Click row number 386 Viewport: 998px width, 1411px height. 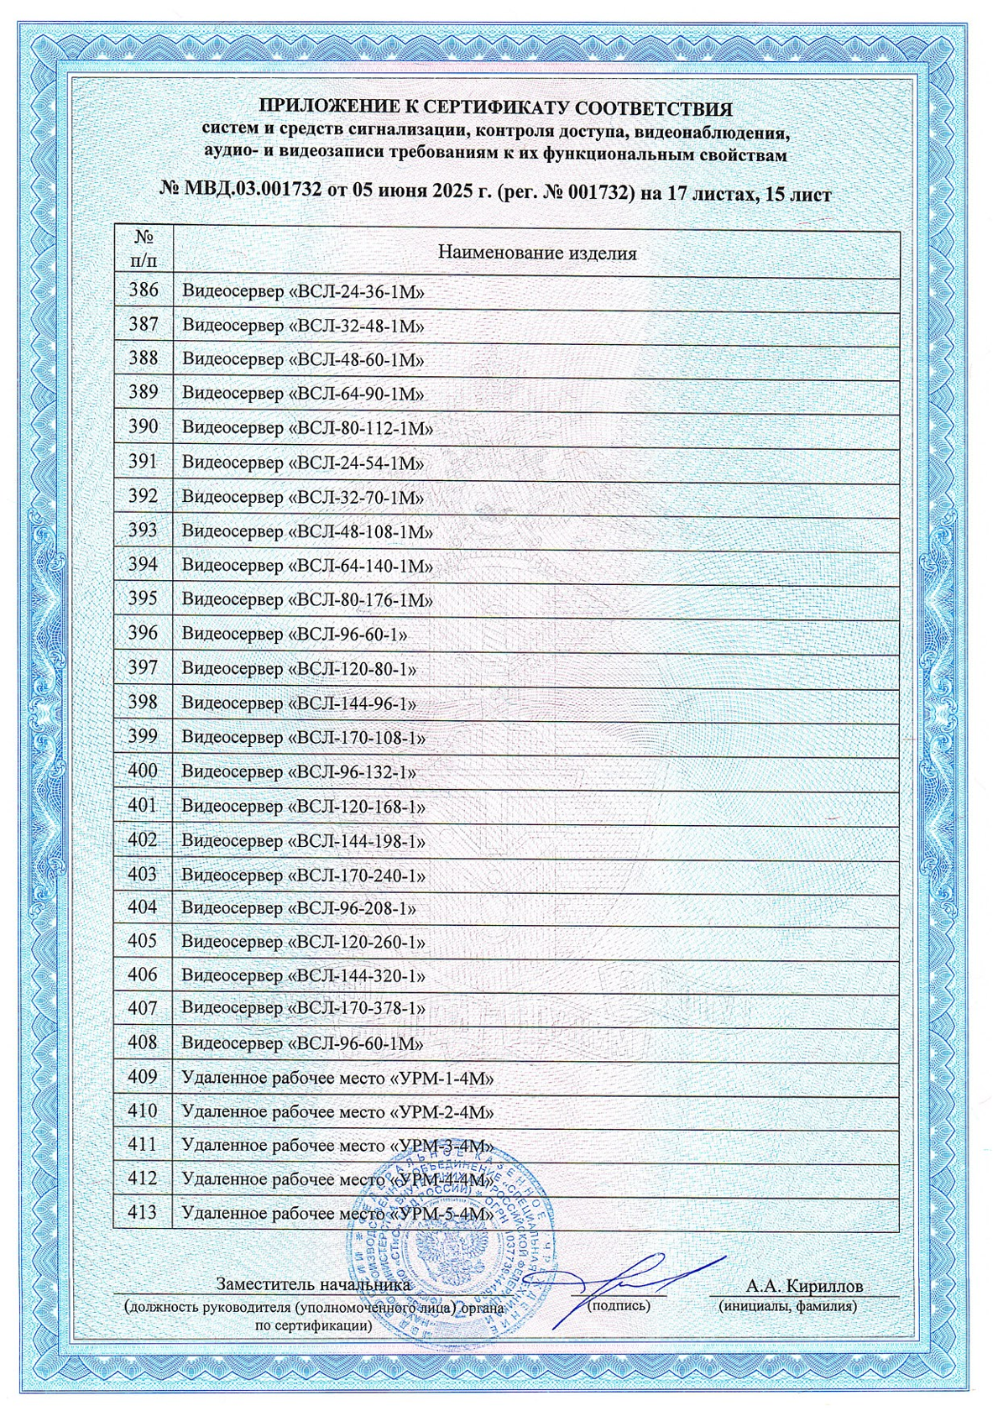143,291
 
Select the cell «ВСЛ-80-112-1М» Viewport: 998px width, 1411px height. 307,428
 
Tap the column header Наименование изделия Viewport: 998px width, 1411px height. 537,253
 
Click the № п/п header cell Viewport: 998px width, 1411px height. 143,248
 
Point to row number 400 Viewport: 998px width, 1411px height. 143,771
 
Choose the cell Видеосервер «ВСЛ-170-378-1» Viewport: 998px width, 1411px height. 303,1008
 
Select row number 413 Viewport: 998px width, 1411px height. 143,1213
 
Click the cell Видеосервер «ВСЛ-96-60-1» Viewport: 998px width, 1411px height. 294,634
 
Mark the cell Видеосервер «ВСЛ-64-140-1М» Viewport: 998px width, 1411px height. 307,566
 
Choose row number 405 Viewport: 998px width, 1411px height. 143,941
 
